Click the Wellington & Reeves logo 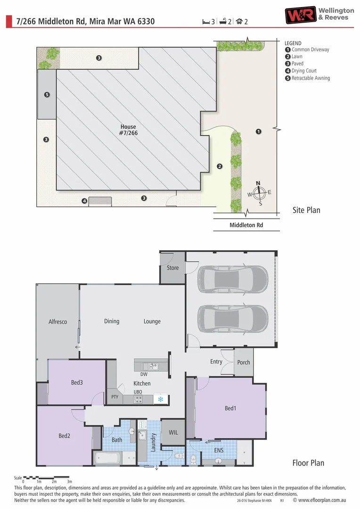point(319,15)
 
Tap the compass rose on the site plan point(258,192)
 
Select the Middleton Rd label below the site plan point(246,225)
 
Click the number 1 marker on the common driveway point(258,131)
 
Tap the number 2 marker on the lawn point(219,166)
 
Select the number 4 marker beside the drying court point(84,201)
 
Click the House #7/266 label point(128,130)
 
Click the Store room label point(173,268)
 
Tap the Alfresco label point(58,322)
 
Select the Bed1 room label point(230,408)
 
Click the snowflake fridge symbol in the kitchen point(160,399)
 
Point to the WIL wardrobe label point(173,432)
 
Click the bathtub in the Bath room point(108,458)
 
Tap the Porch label point(244,362)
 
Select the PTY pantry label point(115,397)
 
